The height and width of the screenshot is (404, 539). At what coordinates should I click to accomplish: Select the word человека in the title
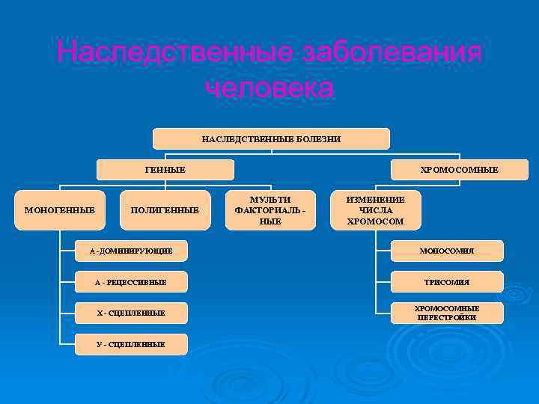click(269, 88)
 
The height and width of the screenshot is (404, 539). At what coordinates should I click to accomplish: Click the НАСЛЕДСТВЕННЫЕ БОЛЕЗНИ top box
click(271, 139)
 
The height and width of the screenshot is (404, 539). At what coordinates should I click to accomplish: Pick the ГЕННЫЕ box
click(165, 170)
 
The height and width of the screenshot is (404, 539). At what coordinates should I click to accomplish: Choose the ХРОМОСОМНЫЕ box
click(448, 170)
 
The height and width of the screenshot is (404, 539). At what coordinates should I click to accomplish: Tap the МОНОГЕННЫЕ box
click(60, 210)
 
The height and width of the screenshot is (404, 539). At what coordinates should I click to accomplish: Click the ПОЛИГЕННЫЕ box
click(165, 210)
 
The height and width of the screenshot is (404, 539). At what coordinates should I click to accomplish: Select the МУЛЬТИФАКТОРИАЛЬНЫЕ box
click(270, 210)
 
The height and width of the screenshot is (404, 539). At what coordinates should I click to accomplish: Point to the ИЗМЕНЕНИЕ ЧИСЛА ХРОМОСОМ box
click(375, 210)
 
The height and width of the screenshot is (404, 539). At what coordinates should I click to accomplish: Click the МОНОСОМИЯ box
click(447, 251)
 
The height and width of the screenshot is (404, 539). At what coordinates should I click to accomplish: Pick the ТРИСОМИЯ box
click(447, 282)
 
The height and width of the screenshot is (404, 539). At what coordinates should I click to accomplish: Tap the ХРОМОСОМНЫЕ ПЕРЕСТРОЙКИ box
click(447, 313)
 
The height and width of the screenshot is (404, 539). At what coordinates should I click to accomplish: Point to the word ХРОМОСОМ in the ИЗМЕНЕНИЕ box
click(375, 221)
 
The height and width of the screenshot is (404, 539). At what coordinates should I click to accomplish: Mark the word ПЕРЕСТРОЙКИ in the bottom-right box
click(447, 318)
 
